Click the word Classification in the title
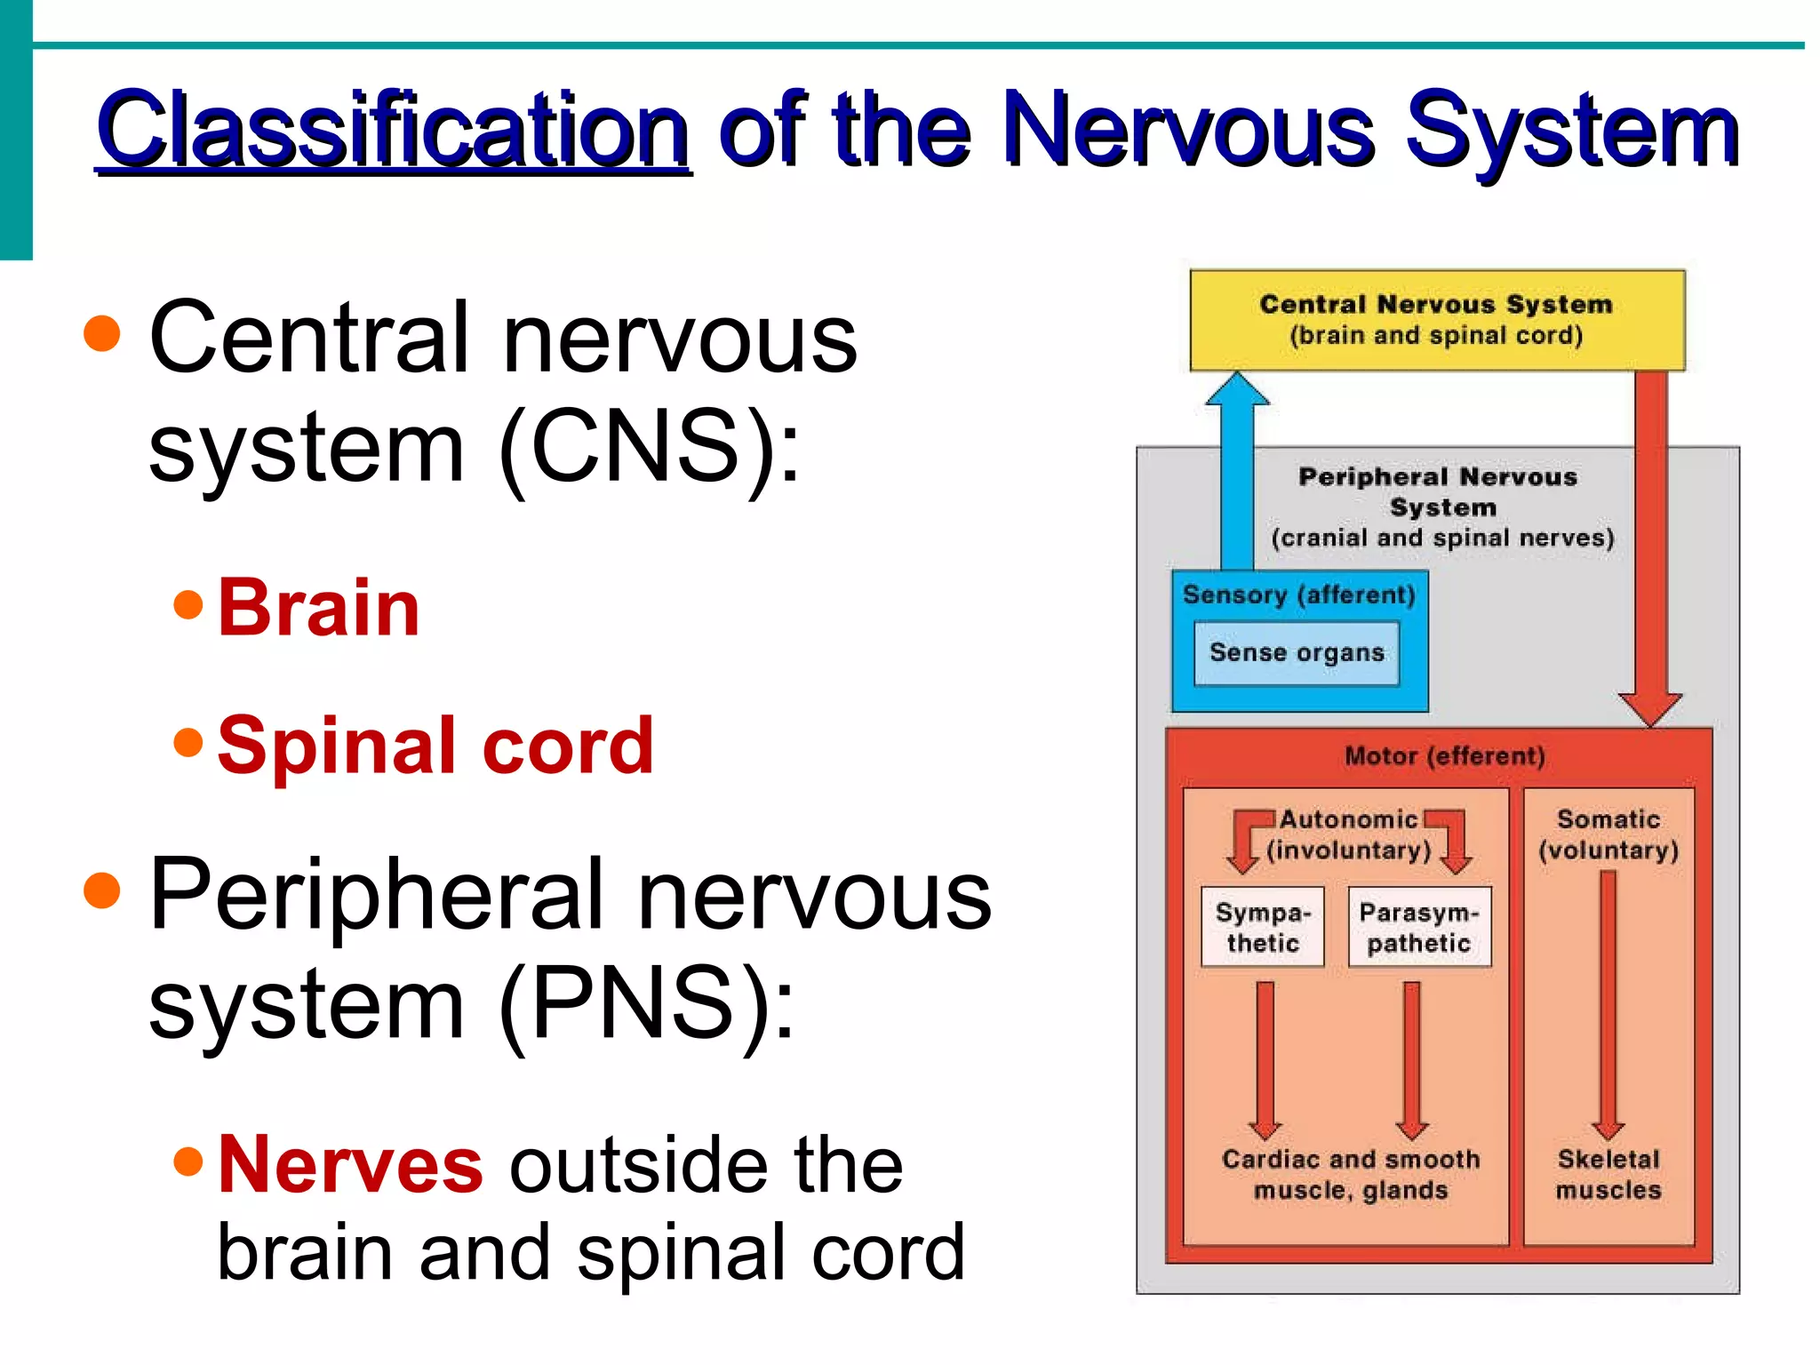[x=393, y=132]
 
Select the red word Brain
[x=318, y=608]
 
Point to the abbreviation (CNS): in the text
[x=649, y=447]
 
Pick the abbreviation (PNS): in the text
[x=647, y=1003]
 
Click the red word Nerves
[x=350, y=1164]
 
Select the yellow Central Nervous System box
[x=1437, y=320]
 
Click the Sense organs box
[x=1297, y=653]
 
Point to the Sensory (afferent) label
[x=1298, y=595]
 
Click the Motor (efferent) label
[x=1444, y=756]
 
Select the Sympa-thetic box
[x=1262, y=927]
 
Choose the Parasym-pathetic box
[x=1418, y=927]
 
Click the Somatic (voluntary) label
[x=1608, y=834]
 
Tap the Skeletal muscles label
[x=1608, y=1174]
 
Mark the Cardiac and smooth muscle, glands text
[x=1351, y=1174]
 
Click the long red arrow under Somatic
[x=1608, y=1004]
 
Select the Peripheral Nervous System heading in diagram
[x=1440, y=491]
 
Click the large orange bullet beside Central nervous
[x=102, y=333]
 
